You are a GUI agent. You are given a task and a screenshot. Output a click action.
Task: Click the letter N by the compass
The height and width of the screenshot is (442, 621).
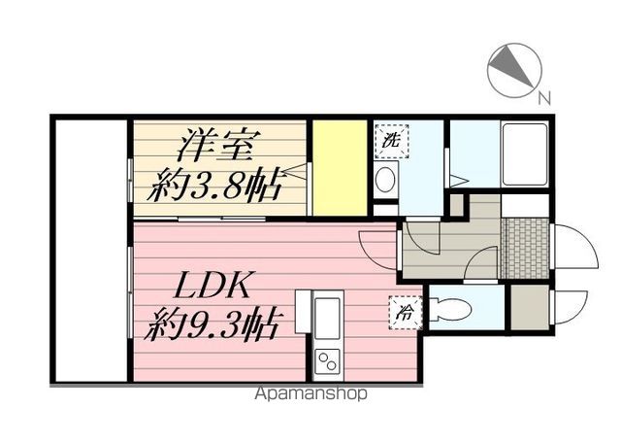coord(543,95)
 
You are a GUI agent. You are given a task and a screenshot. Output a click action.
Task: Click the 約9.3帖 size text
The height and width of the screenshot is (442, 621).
coord(215,321)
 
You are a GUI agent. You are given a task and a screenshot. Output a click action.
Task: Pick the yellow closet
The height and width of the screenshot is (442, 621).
coord(340,168)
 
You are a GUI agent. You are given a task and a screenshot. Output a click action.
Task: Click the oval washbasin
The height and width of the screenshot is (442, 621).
coord(385,179)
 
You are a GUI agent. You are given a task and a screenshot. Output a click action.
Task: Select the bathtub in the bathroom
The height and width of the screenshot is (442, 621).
coord(526,156)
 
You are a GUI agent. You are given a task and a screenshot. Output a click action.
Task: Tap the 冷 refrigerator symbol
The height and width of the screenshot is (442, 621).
coord(402,312)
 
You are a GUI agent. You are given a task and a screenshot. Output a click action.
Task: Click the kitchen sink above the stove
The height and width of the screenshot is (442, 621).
coord(327,316)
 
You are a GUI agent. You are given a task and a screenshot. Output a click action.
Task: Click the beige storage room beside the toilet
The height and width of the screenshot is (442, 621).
coord(531,307)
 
